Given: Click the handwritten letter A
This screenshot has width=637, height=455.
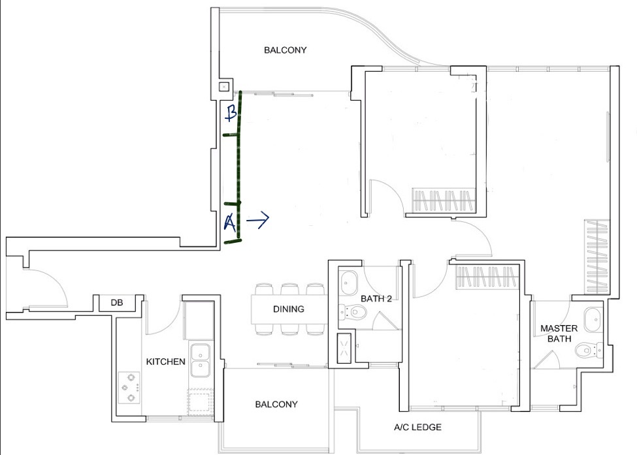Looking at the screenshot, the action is tap(230, 222).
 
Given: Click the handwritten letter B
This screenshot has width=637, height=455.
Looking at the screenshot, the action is tap(231, 112).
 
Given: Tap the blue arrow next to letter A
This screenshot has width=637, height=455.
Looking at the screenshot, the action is tap(258, 219).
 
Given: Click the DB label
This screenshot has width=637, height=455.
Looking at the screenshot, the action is tap(117, 303).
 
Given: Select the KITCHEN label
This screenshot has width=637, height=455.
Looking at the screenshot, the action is tap(166, 362).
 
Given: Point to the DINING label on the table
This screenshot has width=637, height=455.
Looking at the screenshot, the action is tap(288, 309).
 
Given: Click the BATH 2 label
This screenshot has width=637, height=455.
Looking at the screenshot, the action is tap(376, 299).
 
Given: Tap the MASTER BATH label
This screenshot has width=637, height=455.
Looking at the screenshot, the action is tap(559, 334).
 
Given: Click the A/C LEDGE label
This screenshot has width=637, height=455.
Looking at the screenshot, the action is tap(417, 427).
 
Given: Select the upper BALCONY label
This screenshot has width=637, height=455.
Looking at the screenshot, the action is tap(286, 50).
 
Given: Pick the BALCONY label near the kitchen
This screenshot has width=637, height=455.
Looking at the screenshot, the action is tap(276, 404).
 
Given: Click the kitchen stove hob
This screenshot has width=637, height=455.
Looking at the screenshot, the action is tap(129, 388).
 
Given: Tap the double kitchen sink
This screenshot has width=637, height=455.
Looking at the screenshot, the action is tap(201, 360).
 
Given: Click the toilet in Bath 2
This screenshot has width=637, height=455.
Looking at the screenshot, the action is tap(353, 312).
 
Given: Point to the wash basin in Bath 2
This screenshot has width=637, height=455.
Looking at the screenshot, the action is tap(349, 283).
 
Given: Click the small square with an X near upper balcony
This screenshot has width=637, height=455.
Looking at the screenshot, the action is tap(224, 87).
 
